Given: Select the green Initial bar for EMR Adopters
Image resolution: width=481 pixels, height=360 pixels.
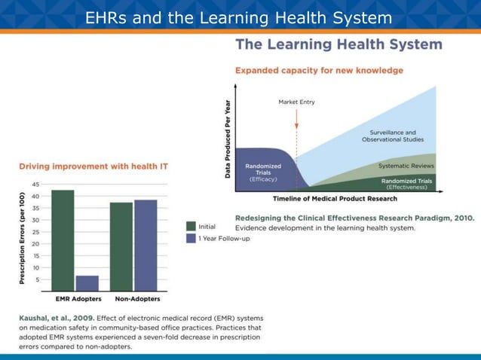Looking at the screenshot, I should [x=63, y=240].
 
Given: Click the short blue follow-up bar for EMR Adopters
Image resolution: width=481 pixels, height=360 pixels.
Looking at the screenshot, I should [x=87, y=283].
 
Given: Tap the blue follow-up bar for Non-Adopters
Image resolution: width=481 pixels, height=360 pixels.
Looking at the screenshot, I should [x=146, y=246].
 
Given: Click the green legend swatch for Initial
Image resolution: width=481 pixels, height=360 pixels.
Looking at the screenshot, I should [x=191, y=226].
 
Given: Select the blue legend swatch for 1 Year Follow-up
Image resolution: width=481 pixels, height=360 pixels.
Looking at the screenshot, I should [x=191, y=239].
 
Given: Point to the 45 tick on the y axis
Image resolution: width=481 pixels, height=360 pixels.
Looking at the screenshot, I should [x=35, y=185].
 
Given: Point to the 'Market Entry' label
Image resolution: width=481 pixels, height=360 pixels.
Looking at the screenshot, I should [x=296, y=102].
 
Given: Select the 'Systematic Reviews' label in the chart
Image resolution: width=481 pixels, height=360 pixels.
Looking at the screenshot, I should [x=406, y=166].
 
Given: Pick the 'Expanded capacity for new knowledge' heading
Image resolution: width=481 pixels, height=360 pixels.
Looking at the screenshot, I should [x=319, y=70].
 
